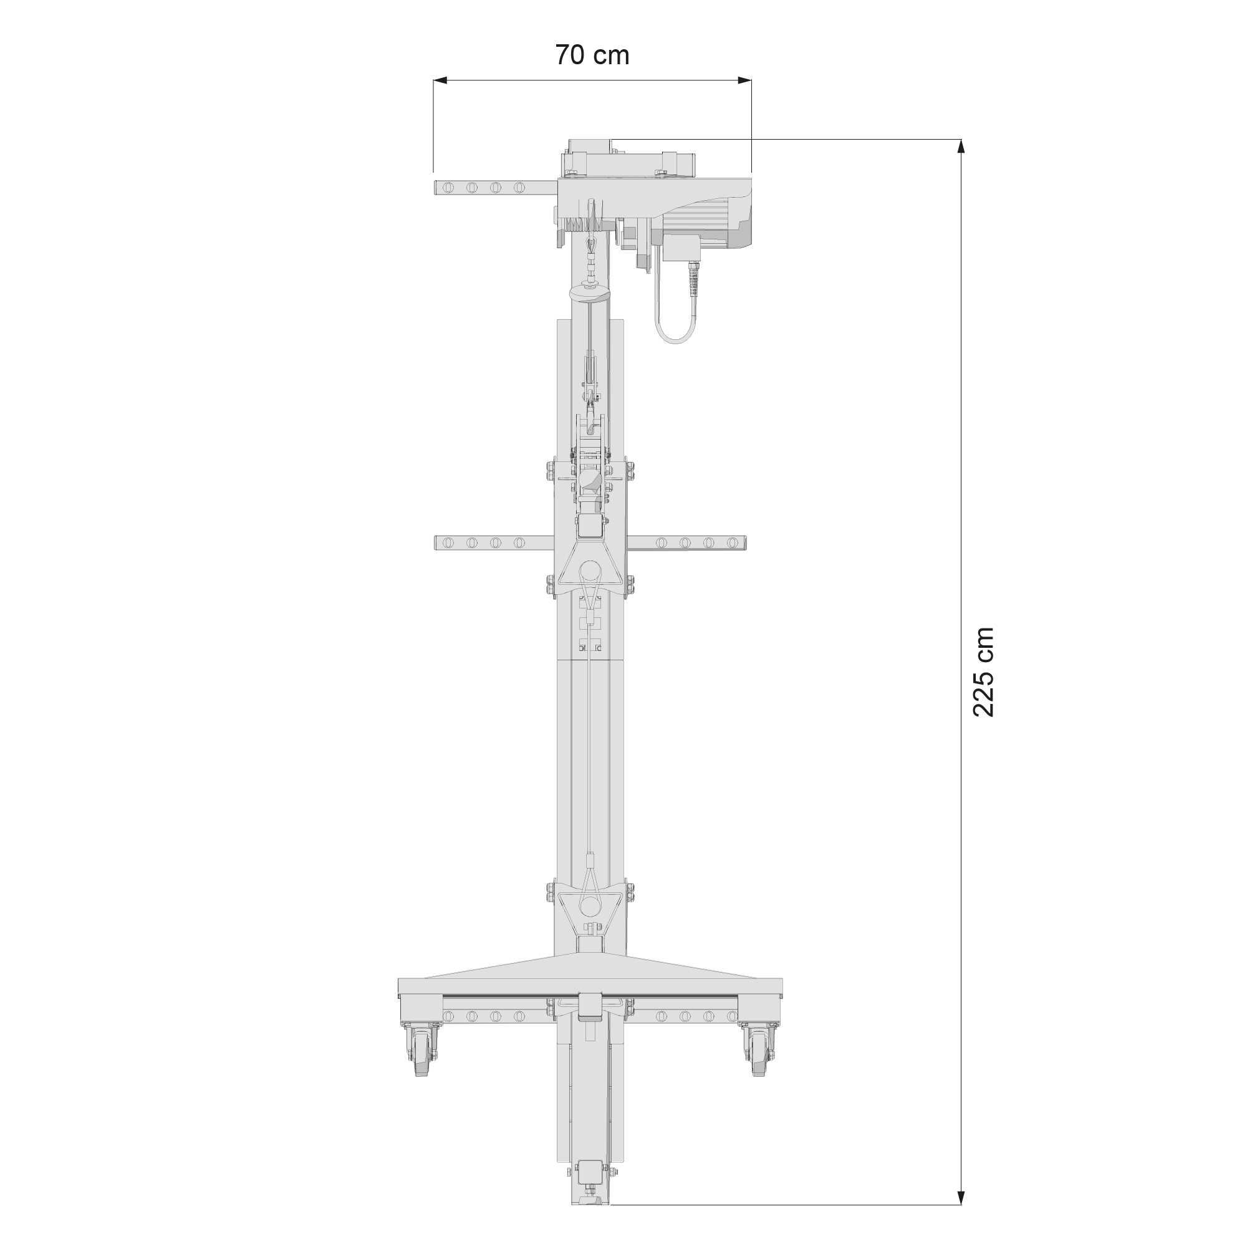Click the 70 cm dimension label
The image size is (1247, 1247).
(x=592, y=55)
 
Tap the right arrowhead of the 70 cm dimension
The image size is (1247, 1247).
(x=744, y=80)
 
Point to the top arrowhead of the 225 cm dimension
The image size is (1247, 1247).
(x=961, y=147)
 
